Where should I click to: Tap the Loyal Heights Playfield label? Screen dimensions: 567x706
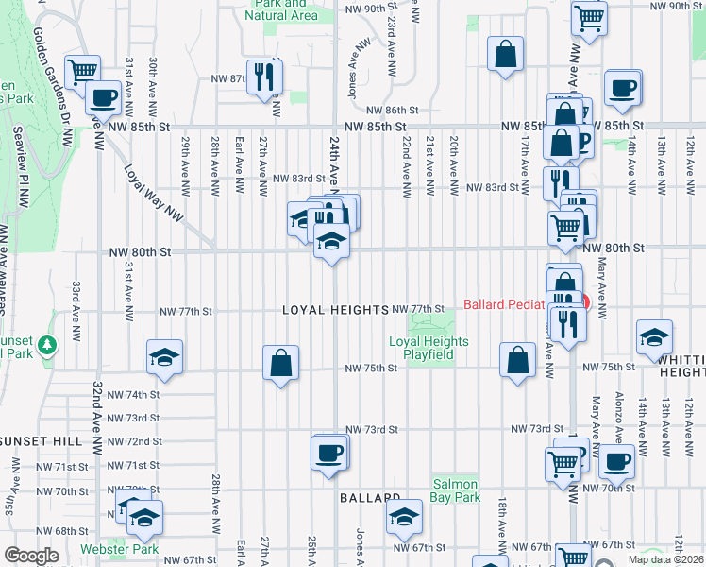tap(423, 348)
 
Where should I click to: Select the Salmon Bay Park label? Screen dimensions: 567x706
tap(457, 490)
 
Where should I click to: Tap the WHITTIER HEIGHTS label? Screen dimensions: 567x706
tap(675, 368)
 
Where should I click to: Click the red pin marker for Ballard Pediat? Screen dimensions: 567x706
tap(584, 302)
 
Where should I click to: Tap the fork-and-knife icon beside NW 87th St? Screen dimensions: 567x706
tap(263, 76)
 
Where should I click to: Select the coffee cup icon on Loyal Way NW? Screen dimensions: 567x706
tap(102, 96)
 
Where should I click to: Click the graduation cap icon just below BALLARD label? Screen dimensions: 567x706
tap(403, 516)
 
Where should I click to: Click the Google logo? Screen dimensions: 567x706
tap(31, 556)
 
